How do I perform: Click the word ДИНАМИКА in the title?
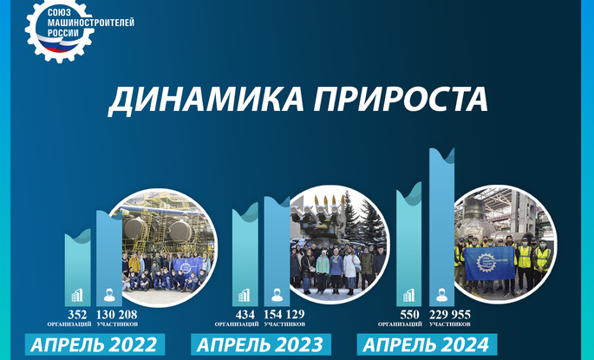coord(206,100)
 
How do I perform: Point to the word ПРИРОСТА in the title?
coord(401,99)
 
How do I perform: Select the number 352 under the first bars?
coord(77,315)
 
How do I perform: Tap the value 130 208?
coord(117,315)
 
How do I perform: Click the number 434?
coord(245,315)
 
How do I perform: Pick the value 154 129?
coord(284,315)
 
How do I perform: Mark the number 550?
coord(409,315)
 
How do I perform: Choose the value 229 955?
coord(450,315)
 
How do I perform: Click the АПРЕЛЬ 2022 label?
coord(95,344)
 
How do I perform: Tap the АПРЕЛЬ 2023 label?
coord(261,344)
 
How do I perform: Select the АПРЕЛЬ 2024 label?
coord(427,344)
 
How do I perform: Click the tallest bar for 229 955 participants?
coord(441,227)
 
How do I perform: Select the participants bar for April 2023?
coord(277,252)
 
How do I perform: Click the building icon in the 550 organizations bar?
coord(408,295)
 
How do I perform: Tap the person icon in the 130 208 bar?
coord(109,295)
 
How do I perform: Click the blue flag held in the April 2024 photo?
coord(490,264)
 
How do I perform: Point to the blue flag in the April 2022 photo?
coord(187,267)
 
